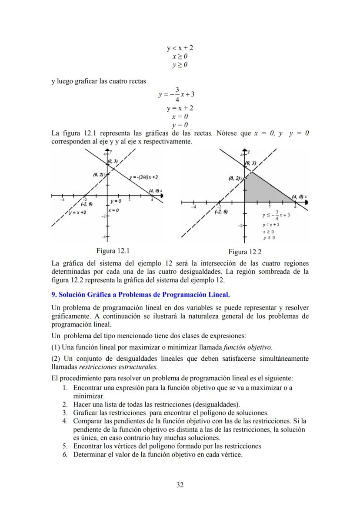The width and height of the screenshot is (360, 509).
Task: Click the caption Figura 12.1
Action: (x=113, y=250)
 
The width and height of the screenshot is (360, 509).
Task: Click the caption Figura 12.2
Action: (x=245, y=252)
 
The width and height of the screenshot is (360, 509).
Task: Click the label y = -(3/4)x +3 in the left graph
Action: (x=143, y=177)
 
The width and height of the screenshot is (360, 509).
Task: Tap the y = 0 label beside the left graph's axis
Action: (x=115, y=201)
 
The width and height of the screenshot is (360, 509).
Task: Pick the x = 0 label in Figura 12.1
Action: (x=113, y=210)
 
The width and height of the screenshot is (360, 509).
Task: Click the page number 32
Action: (x=180, y=485)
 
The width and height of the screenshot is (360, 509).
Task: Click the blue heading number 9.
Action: (x=53, y=294)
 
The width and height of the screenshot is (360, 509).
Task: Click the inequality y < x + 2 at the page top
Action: (x=180, y=47)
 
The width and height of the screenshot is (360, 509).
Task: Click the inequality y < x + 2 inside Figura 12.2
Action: (x=271, y=225)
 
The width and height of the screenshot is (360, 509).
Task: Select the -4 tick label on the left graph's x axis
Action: (x=63, y=200)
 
